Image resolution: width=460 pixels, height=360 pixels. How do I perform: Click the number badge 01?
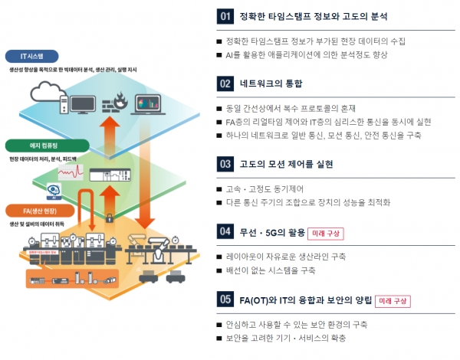click(x=225, y=15)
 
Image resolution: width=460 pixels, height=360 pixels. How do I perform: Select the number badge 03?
click(x=225, y=163)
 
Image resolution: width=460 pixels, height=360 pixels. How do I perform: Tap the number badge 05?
click(x=225, y=299)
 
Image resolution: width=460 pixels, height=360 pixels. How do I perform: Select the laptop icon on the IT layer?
click(x=147, y=103)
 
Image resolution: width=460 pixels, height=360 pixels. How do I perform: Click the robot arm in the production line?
click(x=161, y=250)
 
